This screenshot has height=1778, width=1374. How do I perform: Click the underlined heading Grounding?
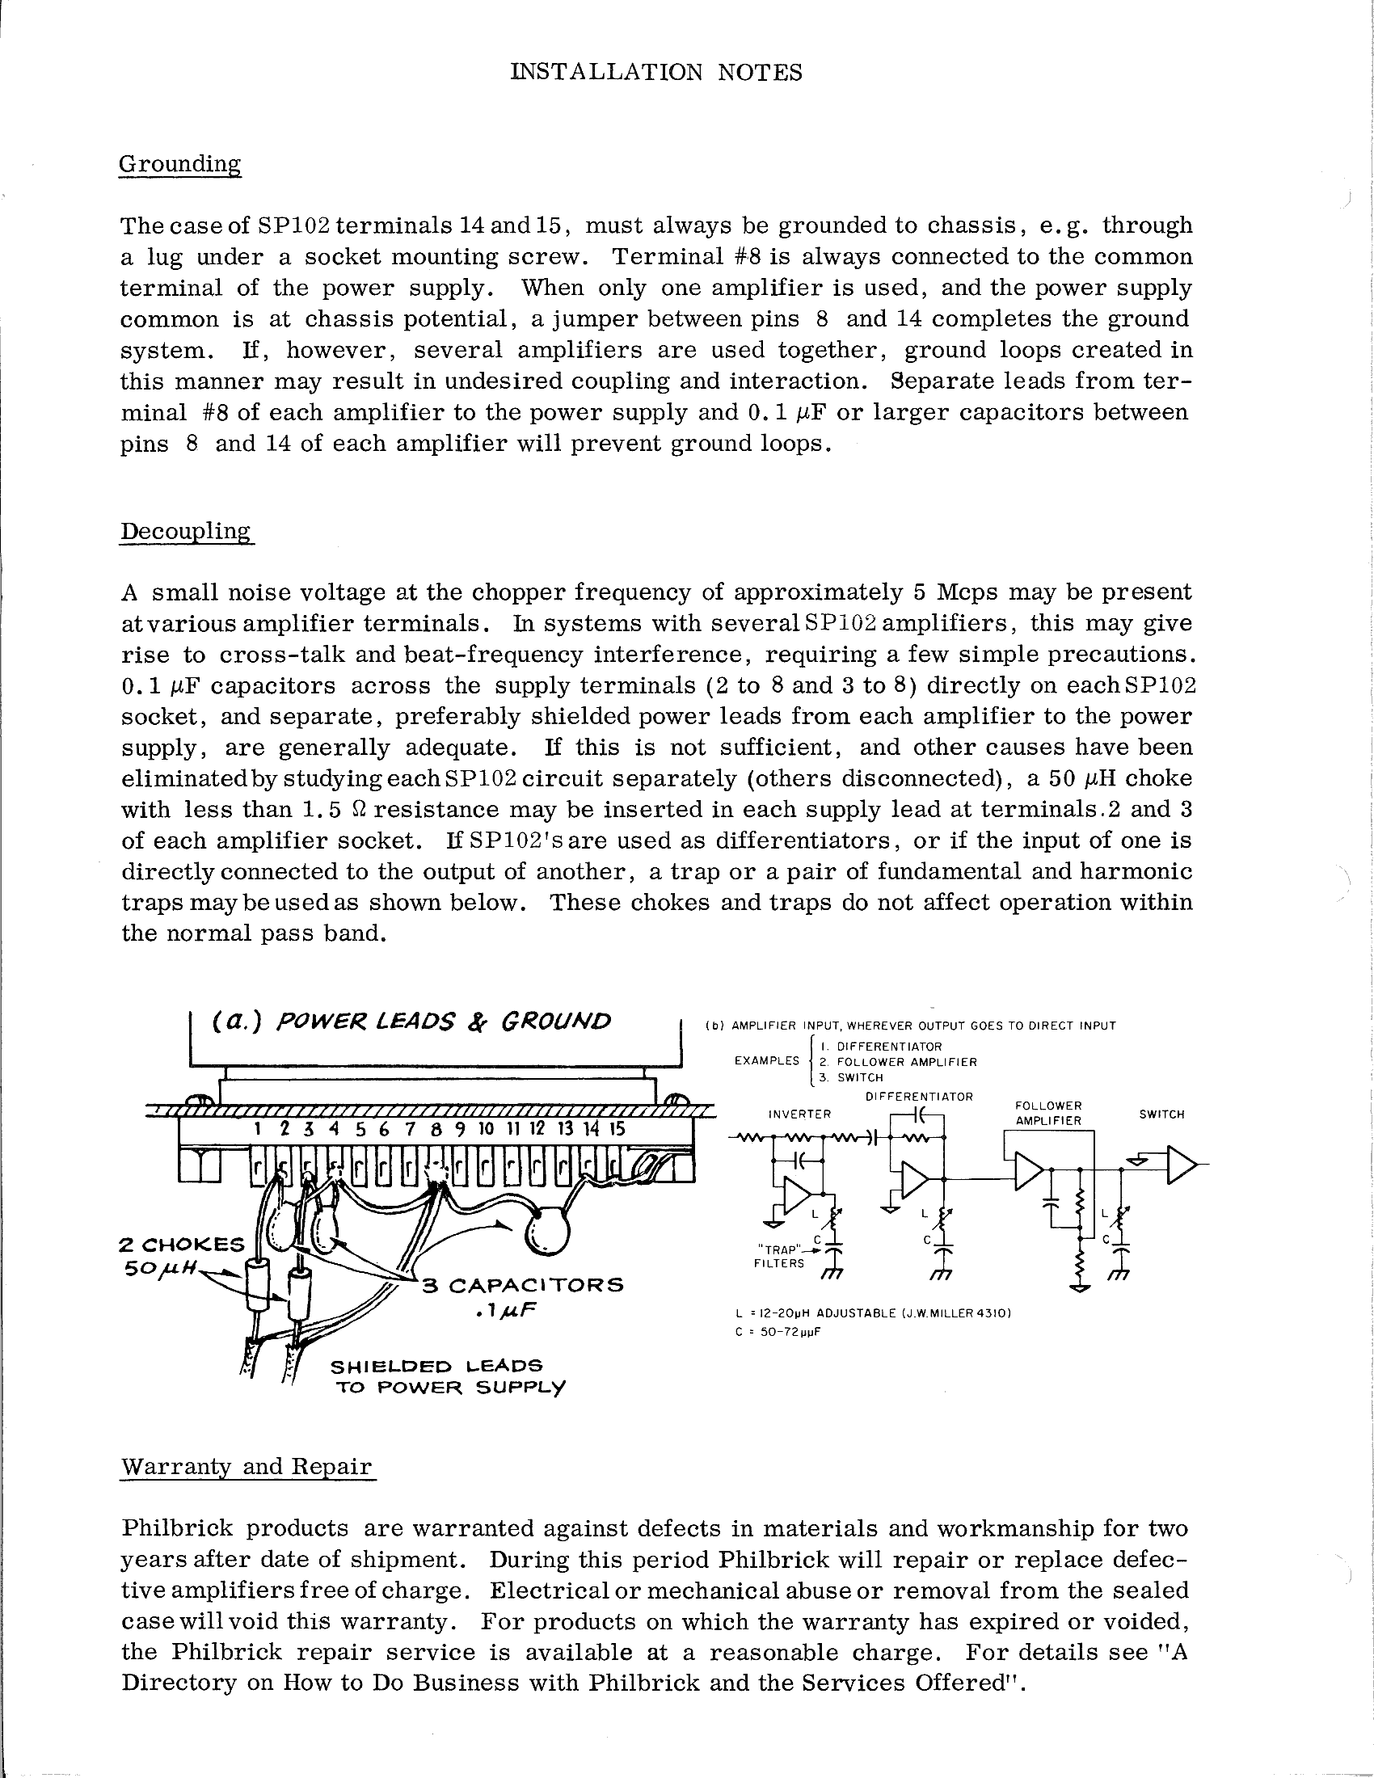[180, 163]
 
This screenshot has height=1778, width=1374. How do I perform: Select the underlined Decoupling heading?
[187, 531]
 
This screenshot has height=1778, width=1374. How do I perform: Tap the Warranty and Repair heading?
[247, 1467]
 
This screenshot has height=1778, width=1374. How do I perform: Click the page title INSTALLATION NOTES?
[656, 73]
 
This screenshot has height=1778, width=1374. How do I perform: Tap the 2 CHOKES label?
[181, 1245]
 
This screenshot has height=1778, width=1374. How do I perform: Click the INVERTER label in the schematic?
[799, 1114]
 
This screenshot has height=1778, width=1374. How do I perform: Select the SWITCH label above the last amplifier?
[1161, 1114]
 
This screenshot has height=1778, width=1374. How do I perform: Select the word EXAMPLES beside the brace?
[767, 1061]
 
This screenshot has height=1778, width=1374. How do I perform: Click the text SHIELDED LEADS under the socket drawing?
[436, 1365]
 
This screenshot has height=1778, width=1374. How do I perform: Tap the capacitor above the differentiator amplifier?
[918, 1113]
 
